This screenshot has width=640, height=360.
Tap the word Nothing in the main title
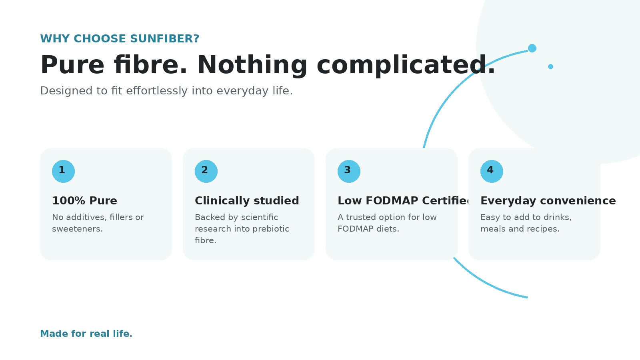252,65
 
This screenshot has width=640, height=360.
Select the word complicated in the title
406,65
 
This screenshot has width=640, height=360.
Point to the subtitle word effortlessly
156,90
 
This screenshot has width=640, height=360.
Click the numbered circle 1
64,172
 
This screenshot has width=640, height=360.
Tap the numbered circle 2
206,172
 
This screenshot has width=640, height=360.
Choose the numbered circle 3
349,172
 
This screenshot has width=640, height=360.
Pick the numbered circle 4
492,172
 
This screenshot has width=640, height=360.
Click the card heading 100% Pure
84,200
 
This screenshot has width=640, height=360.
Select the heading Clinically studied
247,200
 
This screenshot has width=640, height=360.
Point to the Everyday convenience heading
548,200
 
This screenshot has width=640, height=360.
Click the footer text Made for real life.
86,334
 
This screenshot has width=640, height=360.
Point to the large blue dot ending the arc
532,48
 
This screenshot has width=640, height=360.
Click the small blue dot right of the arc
550,66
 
